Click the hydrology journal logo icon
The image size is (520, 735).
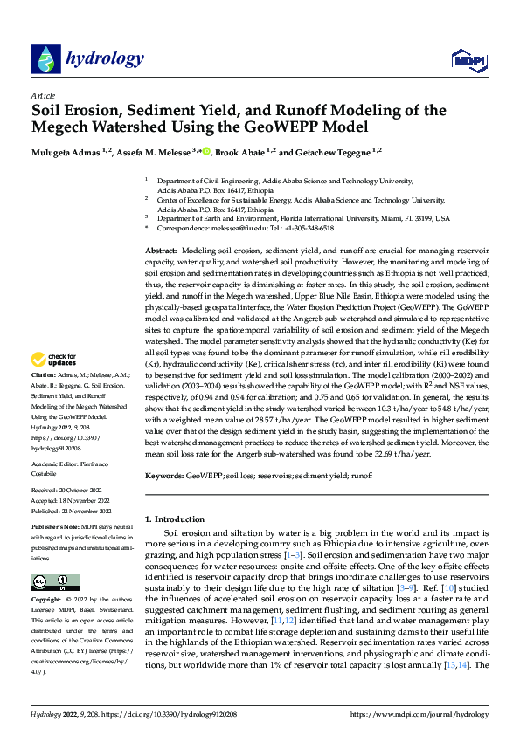point(45,59)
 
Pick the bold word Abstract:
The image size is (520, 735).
point(163,251)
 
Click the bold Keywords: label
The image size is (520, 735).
point(165,477)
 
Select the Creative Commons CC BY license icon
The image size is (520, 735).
point(55,581)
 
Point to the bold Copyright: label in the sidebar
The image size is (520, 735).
point(46,601)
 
